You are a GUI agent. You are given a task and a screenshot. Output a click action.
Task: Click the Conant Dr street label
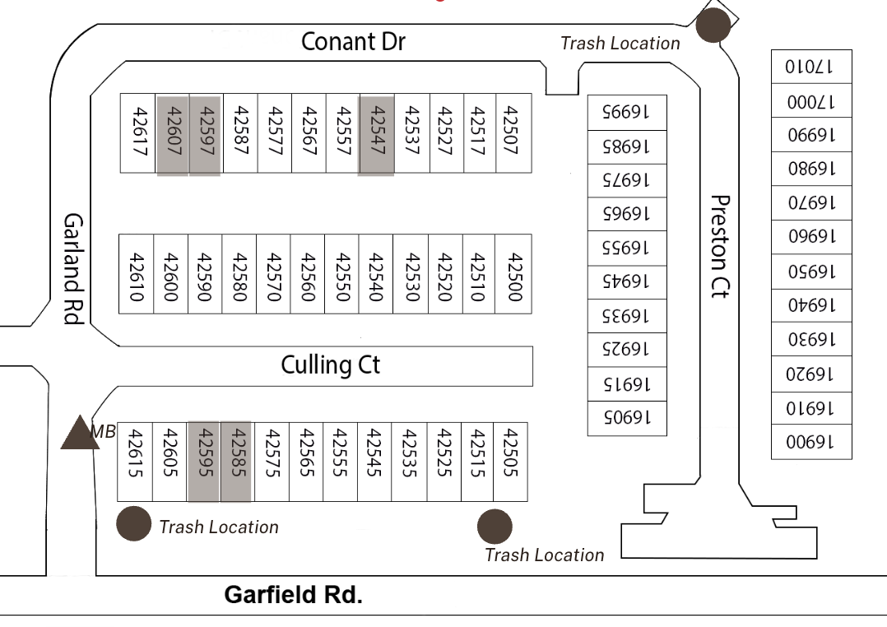(353, 42)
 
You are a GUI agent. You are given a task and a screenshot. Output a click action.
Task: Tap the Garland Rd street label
(75, 269)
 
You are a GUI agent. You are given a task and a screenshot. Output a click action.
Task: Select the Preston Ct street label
(721, 247)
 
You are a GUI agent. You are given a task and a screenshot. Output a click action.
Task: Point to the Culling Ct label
(331, 365)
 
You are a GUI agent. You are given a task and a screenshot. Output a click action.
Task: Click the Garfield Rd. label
(294, 595)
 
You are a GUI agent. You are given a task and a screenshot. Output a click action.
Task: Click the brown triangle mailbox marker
(80, 433)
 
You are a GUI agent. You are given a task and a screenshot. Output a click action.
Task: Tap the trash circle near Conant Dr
(712, 25)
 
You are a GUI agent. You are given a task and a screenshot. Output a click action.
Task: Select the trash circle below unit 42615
(133, 523)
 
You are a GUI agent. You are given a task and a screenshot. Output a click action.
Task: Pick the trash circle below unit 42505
(495, 526)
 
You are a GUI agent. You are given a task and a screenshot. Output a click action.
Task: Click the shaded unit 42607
(173, 132)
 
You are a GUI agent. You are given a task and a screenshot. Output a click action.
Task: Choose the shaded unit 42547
(376, 132)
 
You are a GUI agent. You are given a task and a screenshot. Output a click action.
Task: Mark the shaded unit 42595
(205, 461)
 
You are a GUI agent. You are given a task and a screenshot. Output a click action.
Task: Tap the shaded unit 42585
(235, 461)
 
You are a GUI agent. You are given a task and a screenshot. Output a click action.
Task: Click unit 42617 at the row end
(139, 132)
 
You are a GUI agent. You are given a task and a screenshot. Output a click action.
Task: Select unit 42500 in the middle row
(514, 273)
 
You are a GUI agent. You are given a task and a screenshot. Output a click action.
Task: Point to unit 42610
(137, 273)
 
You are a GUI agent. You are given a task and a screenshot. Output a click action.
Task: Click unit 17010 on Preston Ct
(811, 67)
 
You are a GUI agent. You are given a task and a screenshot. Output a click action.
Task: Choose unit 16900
(811, 441)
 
